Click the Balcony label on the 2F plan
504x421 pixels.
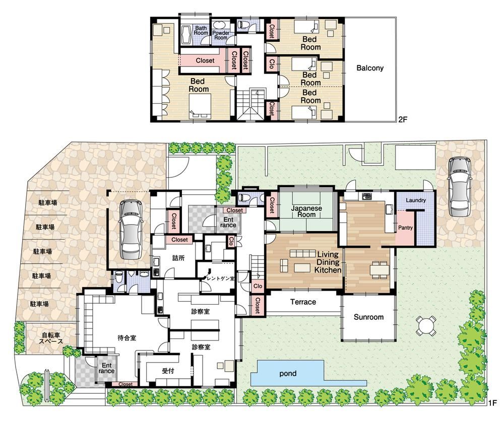click(370, 68)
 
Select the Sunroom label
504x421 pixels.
click(368, 317)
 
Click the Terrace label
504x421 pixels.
click(303, 302)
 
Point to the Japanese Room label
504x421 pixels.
click(306, 212)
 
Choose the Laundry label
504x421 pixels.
click(416, 200)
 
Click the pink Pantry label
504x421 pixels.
click(405, 228)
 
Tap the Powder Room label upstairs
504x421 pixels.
click(221, 35)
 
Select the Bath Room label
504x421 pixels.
click(201, 31)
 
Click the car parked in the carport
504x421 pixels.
click(131, 229)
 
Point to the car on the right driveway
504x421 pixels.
click(460, 187)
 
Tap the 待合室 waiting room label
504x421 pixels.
click(127, 338)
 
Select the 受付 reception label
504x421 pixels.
click(168, 371)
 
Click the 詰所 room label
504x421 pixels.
click(179, 258)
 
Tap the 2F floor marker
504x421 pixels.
click(403, 120)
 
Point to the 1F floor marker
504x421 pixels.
click(492, 403)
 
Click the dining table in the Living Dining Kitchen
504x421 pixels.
click(380, 269)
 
